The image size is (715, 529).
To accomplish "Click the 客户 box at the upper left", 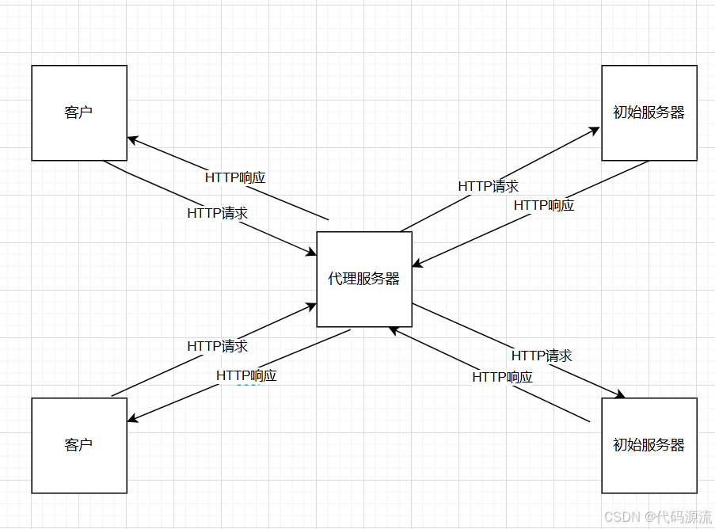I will [79, 112].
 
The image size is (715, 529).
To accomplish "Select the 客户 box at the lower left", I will [79, 445].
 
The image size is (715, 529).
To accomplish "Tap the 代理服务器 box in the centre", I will [364, 279].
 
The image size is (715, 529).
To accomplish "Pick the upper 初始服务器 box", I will [649, 112].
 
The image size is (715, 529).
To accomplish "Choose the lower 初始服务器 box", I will [649, 445].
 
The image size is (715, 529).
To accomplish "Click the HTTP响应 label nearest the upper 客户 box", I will [235, 177].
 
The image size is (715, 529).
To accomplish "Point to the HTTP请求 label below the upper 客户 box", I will [218, 213].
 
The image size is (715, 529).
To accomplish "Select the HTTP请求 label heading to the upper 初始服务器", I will [489, 186].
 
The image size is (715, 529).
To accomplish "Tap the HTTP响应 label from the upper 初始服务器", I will [544, 205].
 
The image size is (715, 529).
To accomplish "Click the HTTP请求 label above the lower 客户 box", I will [218, 346].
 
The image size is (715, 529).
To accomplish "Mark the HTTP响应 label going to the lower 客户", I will [246, 375].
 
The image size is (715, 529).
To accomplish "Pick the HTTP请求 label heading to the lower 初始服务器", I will [542, 356].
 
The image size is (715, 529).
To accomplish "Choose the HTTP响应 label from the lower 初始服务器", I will [503, 377].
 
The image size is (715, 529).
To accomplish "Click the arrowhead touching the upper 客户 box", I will [132, 140].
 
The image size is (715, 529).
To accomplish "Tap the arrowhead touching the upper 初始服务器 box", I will [595, 130].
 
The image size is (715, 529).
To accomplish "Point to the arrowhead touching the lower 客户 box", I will [132, 420].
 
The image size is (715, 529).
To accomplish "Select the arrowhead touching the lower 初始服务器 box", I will [622, 395].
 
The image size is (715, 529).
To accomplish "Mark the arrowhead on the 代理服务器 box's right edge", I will [416, 264].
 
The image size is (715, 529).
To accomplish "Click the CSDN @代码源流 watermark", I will [657, 516].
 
